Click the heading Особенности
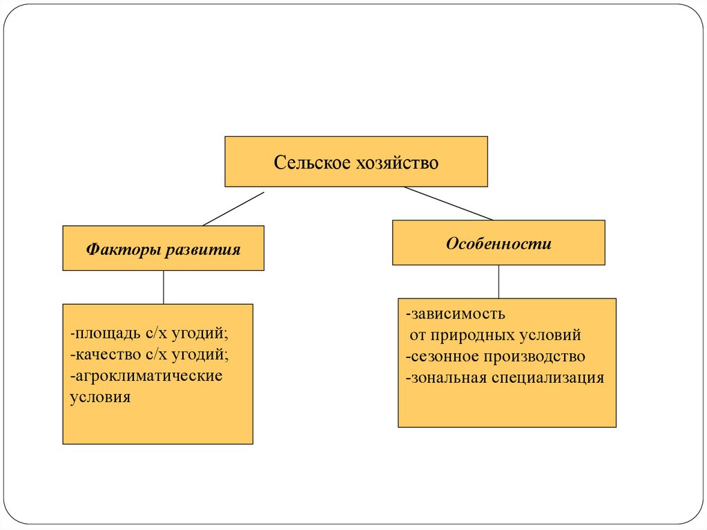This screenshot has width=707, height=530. tap(498, 243)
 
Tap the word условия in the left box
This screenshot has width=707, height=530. tap(100, 398)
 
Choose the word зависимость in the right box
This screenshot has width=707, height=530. tap(458, 314)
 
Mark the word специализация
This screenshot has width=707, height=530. tap(548, 379)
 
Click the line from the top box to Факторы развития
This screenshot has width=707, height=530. tap(233, 209)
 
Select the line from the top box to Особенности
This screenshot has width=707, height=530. tap(448, 203)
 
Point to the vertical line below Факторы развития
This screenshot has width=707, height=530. tap(163, 287)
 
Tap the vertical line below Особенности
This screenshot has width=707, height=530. tap(498, 281)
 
